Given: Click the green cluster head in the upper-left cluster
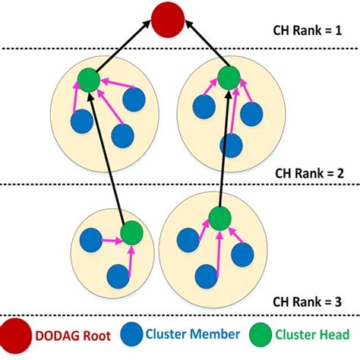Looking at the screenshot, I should coord(88,78).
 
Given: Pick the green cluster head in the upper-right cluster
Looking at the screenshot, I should coord(228,76).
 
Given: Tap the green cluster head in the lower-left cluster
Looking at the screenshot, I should coord(131,233).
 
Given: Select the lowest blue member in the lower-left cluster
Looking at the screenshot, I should coord(116,275).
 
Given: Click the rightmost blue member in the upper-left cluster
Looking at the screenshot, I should coord(134,99).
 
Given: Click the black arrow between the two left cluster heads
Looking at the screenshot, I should coord(110,156).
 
